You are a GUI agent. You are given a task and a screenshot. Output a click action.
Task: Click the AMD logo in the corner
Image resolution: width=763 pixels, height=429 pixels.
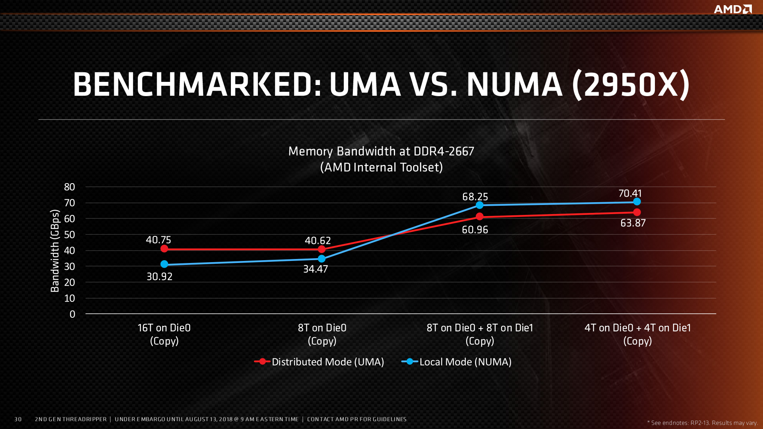[732, 9]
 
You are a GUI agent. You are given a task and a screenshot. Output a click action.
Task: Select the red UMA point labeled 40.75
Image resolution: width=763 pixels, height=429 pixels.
[164, 249]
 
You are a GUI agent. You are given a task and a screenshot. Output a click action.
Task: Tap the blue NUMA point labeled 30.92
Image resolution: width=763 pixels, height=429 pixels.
[164, 264]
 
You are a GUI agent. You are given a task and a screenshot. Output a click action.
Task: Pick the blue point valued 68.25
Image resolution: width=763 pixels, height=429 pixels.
[480, 205]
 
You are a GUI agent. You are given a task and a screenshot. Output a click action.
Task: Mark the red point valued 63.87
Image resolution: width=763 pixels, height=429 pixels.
[637, 212]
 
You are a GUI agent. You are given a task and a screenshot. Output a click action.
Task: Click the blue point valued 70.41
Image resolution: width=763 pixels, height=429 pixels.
[637, 202]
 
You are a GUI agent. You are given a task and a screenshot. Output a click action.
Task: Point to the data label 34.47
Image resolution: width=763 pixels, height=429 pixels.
[316, 269]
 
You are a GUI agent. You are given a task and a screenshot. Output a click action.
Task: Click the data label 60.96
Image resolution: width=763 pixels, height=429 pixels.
[475, 230]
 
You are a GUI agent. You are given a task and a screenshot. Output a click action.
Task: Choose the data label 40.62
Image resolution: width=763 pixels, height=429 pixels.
[318, 241]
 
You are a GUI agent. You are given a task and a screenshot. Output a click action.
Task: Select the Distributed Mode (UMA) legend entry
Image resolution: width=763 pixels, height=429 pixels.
[320, 362]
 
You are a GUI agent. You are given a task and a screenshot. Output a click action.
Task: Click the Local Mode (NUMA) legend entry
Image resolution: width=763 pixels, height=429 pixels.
[457, 362]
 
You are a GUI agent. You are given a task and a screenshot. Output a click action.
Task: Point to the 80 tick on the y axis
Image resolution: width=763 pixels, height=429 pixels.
[70, 187]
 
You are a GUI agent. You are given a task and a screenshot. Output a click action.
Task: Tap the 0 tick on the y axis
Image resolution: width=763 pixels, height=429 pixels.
[72, 314]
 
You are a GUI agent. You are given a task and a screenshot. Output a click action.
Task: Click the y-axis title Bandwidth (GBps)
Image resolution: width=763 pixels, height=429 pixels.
[55, 251]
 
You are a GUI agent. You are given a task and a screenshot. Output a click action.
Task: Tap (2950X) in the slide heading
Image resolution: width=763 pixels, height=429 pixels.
[631, 84]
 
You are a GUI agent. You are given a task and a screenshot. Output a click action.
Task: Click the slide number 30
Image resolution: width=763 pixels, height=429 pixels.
[18, 419]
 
